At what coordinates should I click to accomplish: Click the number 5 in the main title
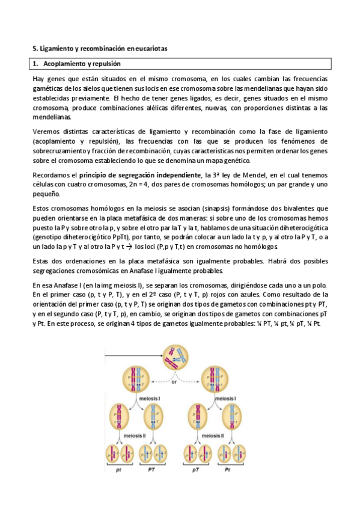click(x=34, y=48)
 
